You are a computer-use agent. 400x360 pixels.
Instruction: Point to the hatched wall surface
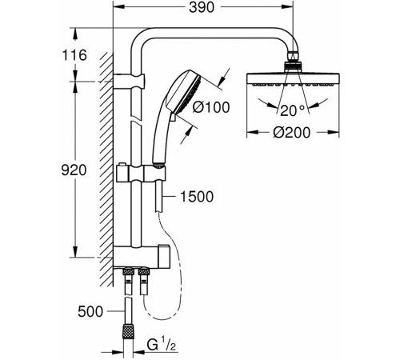click(104, 160)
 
